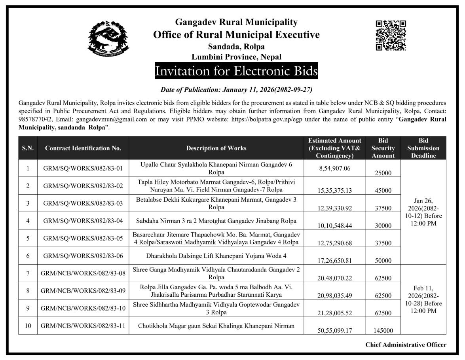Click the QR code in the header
click(x=390, y=36)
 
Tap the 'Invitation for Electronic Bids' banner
click(x=236, y=71)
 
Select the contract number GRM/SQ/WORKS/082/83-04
click(x=83, y=221)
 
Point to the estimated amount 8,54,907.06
click(x=334, y=168)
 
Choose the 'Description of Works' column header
click(x=216, y=148)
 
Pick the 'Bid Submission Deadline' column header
click(x=423, y=148)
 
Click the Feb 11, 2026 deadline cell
click(x=423, y=299)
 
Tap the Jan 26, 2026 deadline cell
click(x=423, y=212)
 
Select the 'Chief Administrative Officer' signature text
click(x=406, y=345)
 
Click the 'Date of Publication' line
click(x=236, y=90)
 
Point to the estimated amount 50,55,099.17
click(x=334, y=330)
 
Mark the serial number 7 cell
click(x=28, y=273)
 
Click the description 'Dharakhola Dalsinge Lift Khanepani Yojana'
click(x=216, y=256)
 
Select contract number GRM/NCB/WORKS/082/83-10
click(x=83, y=308)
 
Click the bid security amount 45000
click(x=383, y=191)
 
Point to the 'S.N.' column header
click(x=28, y=148)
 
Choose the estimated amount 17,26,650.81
click(x=334, y=261)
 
